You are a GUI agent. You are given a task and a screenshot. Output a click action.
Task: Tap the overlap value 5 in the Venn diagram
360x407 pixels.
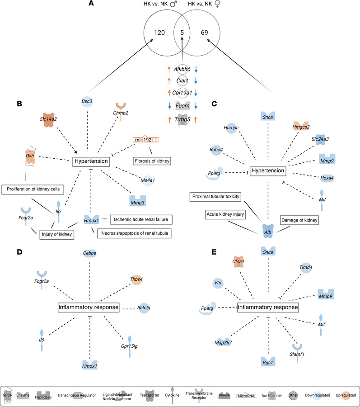182,33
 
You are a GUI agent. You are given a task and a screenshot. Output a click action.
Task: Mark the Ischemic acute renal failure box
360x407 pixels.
141,219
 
